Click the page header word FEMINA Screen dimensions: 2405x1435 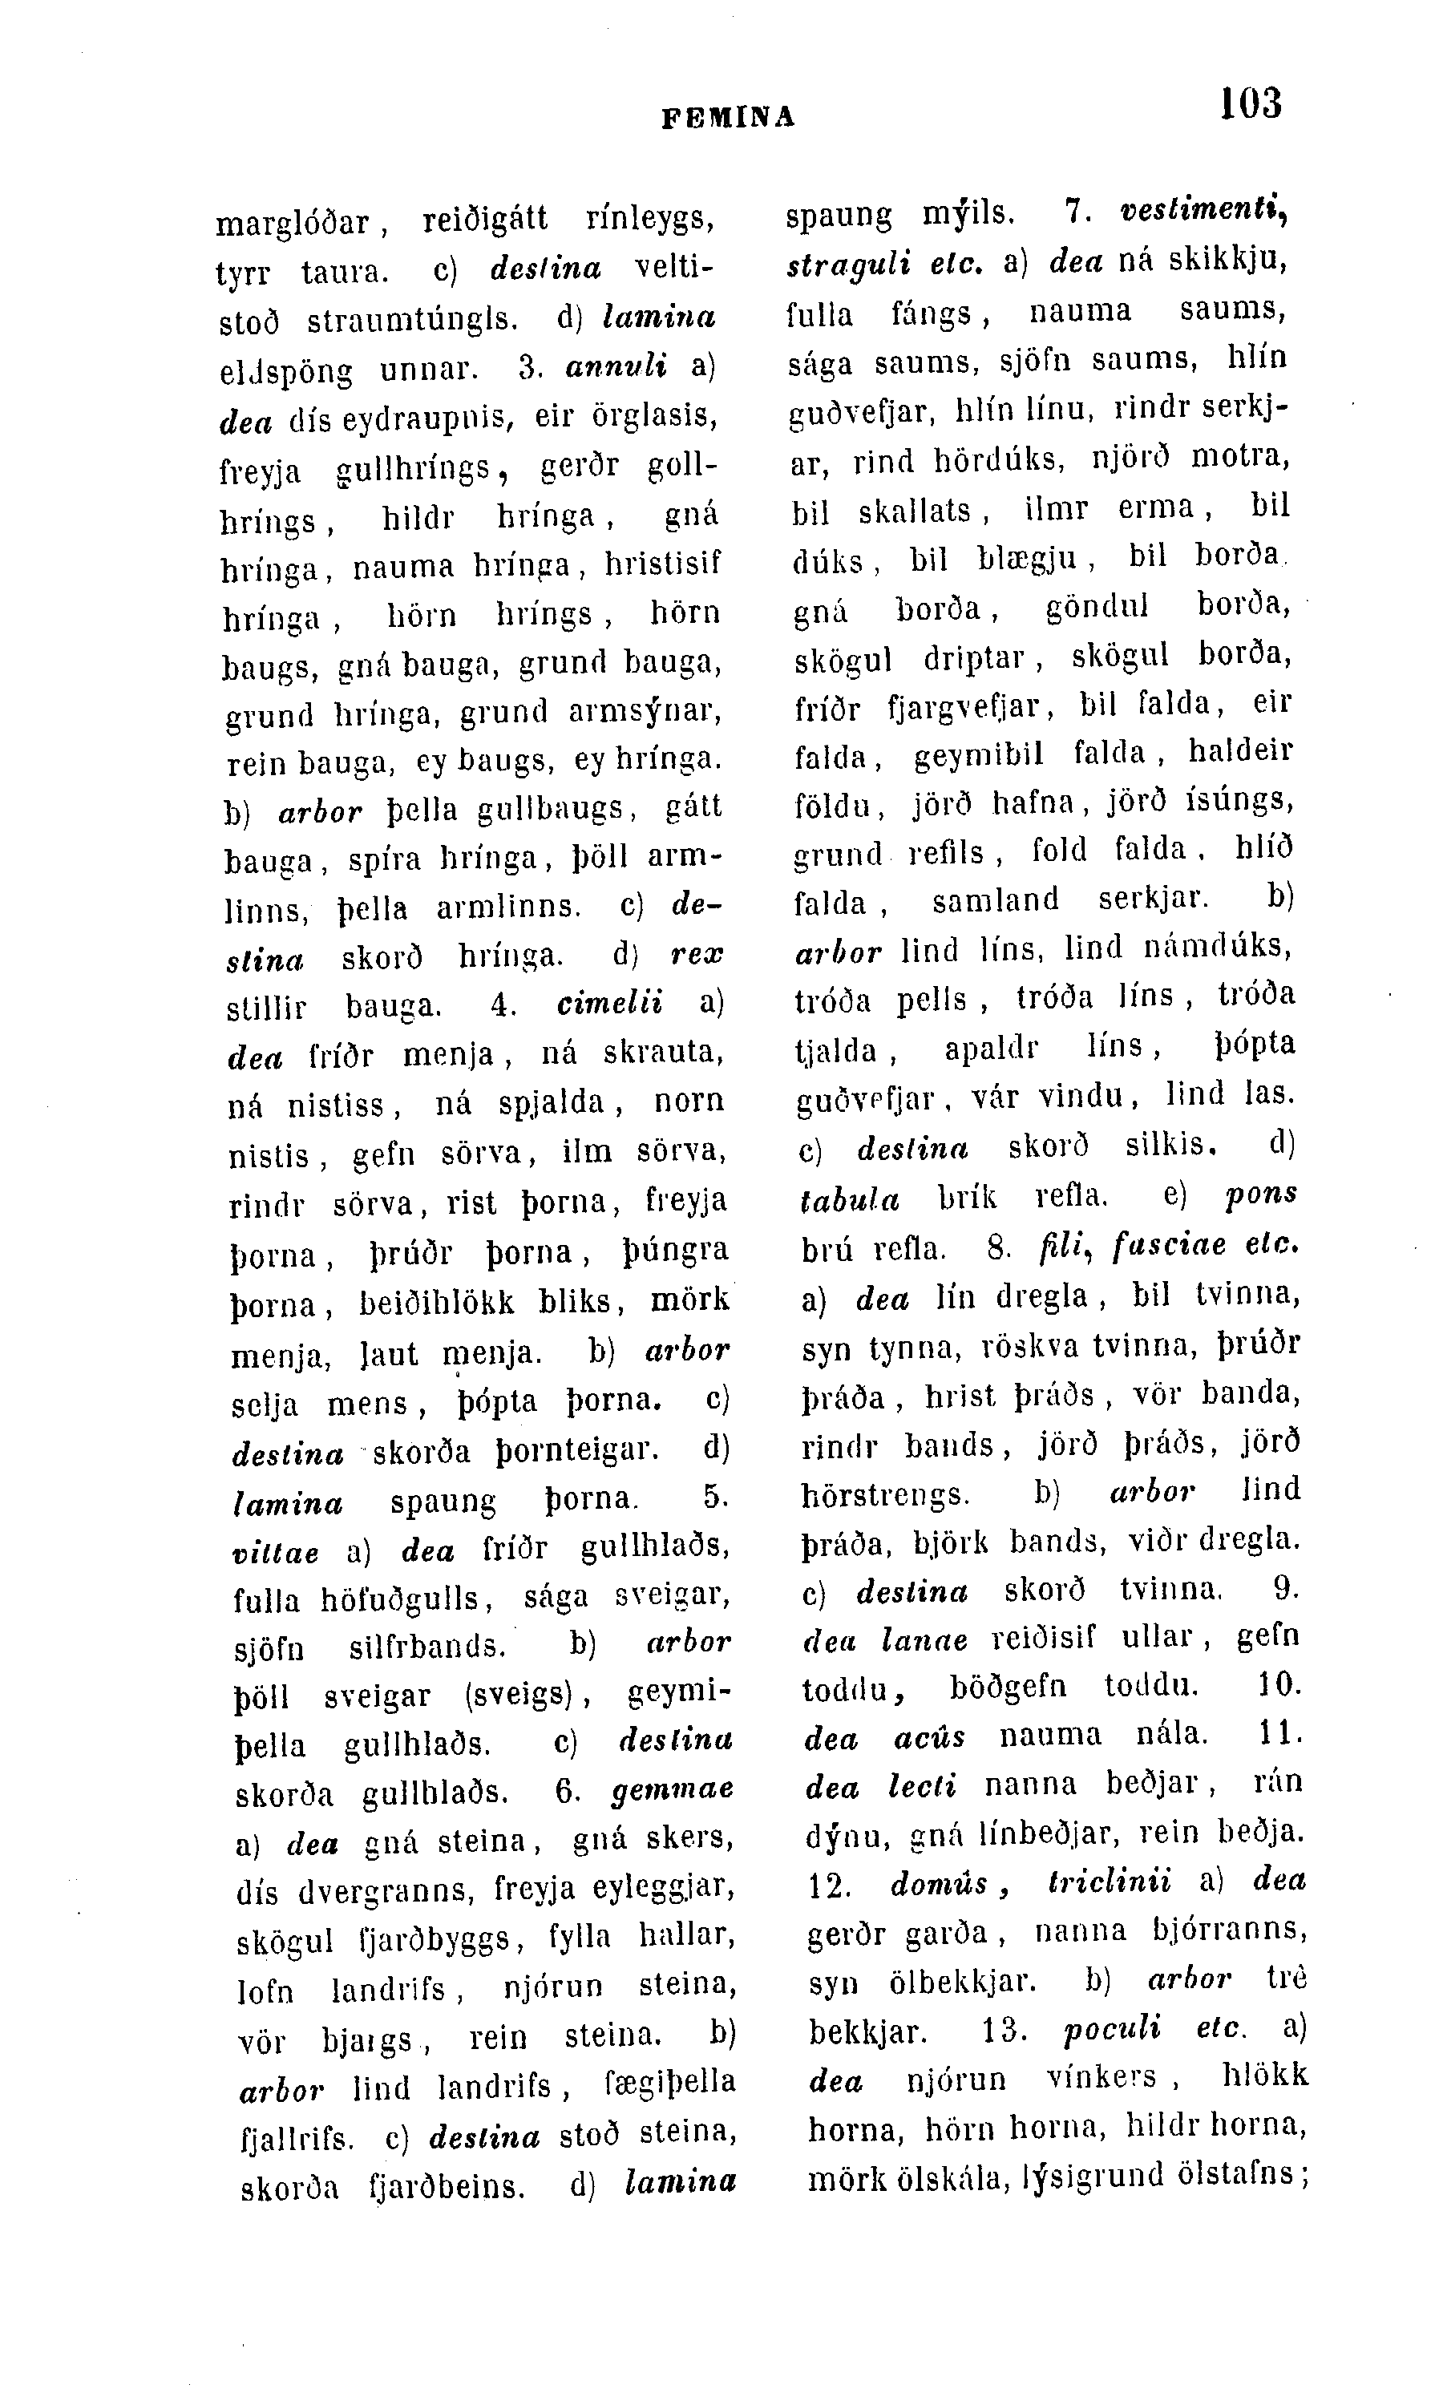(728, 118)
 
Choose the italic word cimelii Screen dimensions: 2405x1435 (610, 1004)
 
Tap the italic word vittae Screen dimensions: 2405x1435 (277, 1553)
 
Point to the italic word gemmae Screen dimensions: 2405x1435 (673, 1791)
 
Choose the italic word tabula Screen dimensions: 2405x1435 (850, 1199)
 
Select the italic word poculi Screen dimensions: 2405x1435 (1112, 2029)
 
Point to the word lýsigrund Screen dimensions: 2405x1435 (1091, 2177)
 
